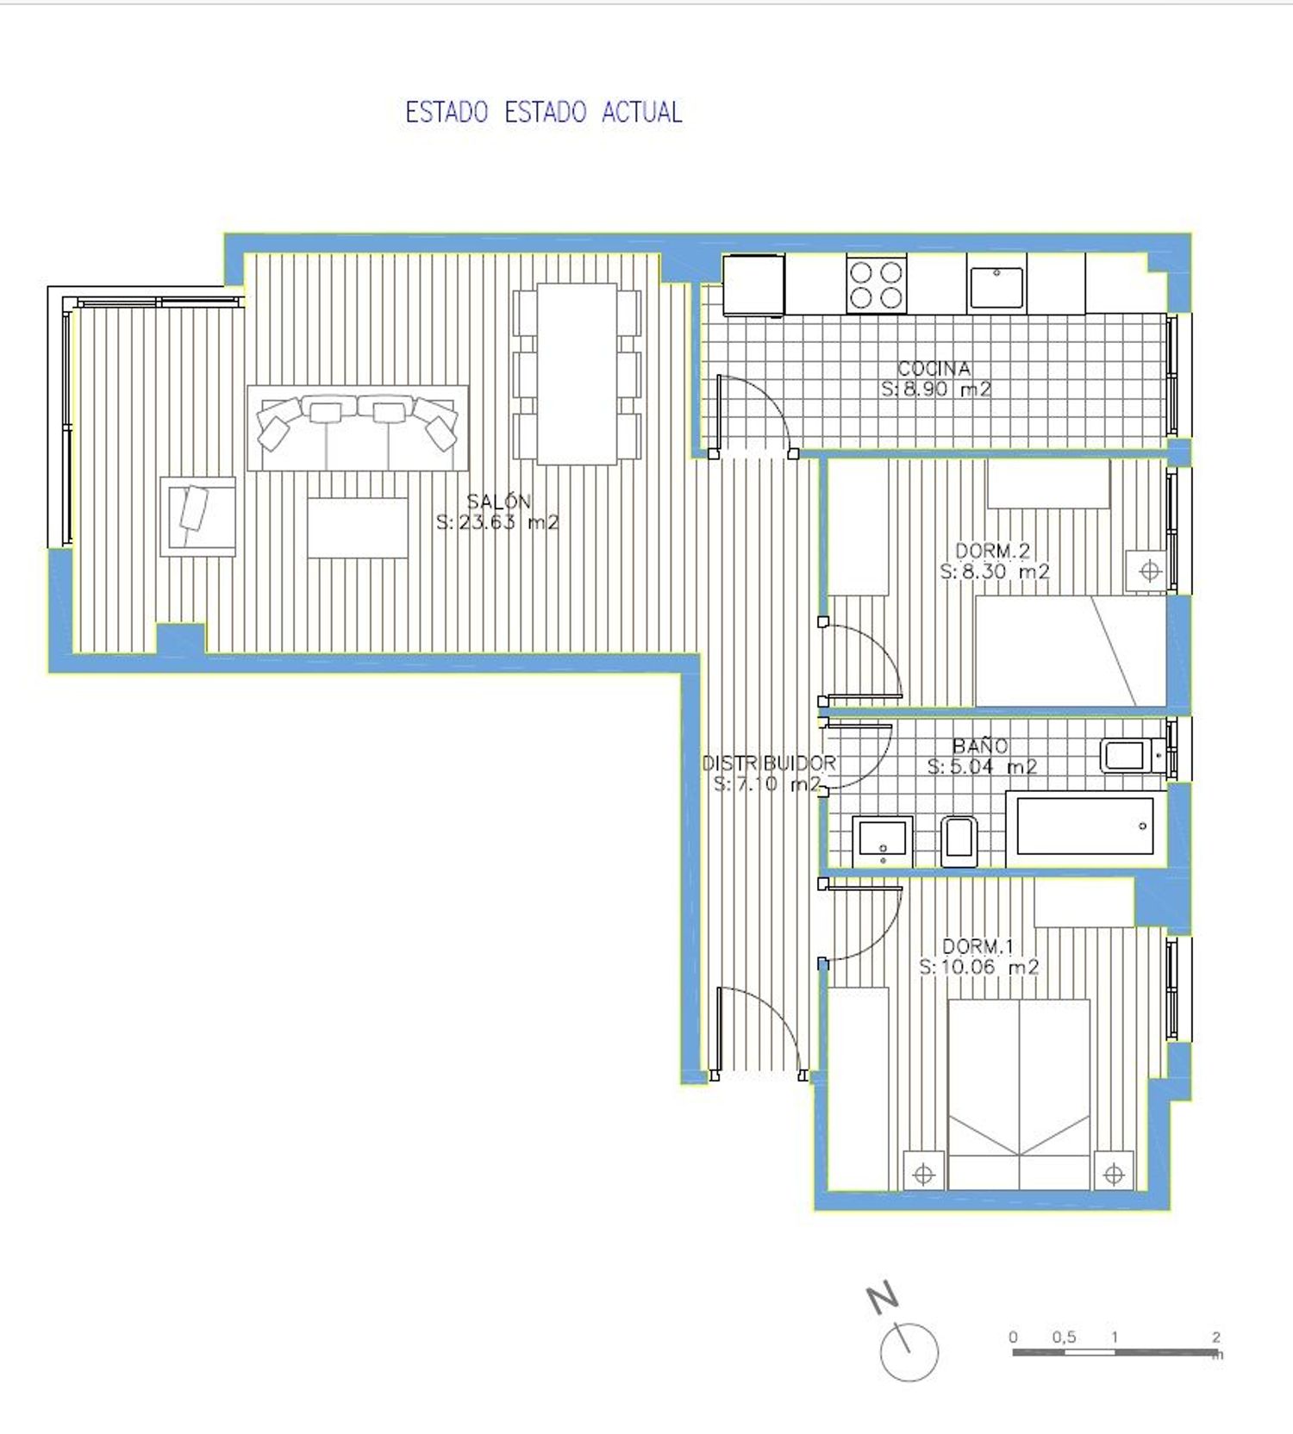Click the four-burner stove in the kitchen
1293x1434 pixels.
(x=877, y=284)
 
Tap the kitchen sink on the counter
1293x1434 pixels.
(x=996, y=287)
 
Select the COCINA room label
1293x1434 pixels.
(x=934, y=368)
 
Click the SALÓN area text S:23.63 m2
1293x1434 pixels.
(x=497, y=521)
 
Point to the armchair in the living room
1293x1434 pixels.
(x=198, y=516)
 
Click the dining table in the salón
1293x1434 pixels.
(x=578, y=374)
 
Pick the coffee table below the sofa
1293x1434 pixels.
(x=358, y=527)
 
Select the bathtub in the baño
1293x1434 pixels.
(x=1084, y=826)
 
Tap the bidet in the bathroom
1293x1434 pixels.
(x=959, y=841)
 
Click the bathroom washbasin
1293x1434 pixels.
(x=883, y=840)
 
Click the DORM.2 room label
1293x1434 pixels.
(x=993, y=551)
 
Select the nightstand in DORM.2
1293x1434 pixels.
(x=1148, y=570)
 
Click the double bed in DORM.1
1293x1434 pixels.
(x=1019, y=1094)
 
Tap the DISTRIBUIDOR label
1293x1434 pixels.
(x=769, y=763)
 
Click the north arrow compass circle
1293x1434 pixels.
(x=909, y=1351)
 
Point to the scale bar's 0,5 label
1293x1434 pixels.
(x=1064, y=1337)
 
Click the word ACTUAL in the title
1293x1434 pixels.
(x=641, y=112)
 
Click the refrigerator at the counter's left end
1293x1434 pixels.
(x=753, y=284)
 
